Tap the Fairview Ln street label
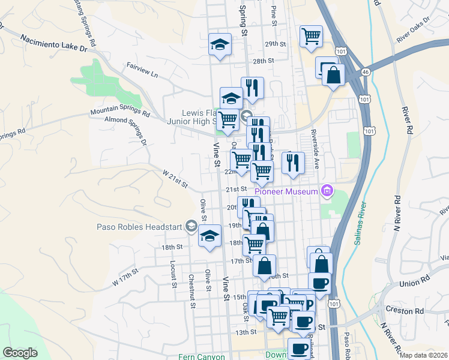pyautogui.click(x=142, y=70)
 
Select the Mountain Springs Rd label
pyautogui.click(x=120, y=112)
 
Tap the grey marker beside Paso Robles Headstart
pyautogui.click(x=191, y=226)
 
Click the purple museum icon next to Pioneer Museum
pyautogui.click(x=327, y=192)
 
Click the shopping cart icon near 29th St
pyautogui.click(x=312, y=36)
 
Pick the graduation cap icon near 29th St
pyautogui.click(x=220, y=44)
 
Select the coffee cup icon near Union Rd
pyautogui.click(x=320, y=283)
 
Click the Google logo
pyautogui.click(x=20, y=353)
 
